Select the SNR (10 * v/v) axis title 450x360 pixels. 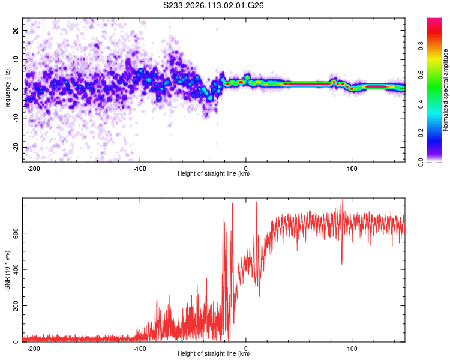(7, 271)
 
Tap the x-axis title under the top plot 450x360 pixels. (214, 174)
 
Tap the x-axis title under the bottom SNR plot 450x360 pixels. (214, 354)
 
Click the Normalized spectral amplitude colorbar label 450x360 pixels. (445, 91)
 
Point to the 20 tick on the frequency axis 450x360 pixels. (16, 30)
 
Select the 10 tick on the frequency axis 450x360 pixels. (16, 59)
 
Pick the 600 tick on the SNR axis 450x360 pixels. (13, 232)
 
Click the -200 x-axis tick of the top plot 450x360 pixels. (34, 167)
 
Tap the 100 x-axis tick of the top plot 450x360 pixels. (352, 167)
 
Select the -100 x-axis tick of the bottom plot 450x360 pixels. (140, 347)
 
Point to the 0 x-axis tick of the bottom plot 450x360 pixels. (246, 347)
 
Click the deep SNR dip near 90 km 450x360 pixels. (342, 263)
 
